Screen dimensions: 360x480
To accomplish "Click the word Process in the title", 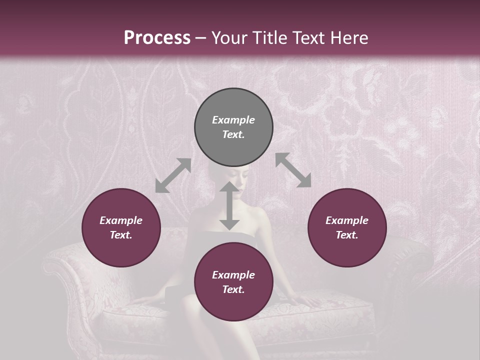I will [157, 38].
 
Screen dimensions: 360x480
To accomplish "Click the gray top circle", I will [233, 127].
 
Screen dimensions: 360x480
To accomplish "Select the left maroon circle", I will [121, 227].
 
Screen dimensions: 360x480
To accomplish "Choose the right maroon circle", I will [347, 227].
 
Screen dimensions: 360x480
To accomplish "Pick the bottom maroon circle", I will [233, 282].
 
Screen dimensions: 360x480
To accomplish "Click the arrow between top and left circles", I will [173, 175].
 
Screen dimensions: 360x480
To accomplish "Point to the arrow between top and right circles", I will [293, 170].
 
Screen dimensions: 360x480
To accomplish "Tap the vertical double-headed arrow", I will [229, 206].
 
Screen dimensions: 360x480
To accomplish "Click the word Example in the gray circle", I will [233, 120].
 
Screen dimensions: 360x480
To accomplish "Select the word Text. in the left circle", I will [121, 235].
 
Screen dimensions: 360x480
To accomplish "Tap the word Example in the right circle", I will [347, 220].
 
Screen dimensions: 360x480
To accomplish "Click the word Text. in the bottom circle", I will [233, 289].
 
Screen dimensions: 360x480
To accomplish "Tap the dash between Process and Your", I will [201, 38].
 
